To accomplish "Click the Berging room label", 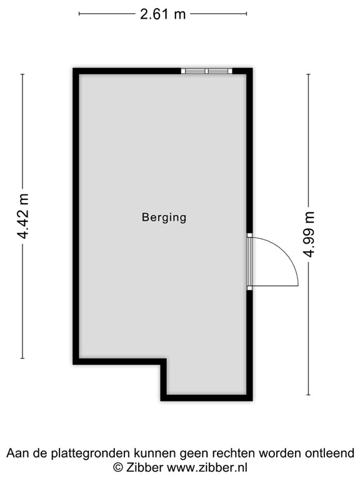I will (164, 217).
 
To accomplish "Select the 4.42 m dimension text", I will (24, 216).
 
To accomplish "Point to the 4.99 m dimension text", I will (308, 235).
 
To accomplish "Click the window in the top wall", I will (207, 71).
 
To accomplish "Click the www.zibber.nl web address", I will (204, 467).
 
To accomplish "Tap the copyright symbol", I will (117, 467).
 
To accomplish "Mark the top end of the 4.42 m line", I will (23, 74).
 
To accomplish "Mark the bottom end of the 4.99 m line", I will (308, 395).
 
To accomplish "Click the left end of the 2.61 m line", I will (80, 14).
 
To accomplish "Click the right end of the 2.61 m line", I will (246, 14).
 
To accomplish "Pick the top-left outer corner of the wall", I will (74, 69).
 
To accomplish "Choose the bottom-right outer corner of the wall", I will (252, 400).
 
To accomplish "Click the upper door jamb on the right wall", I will (249, 236).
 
